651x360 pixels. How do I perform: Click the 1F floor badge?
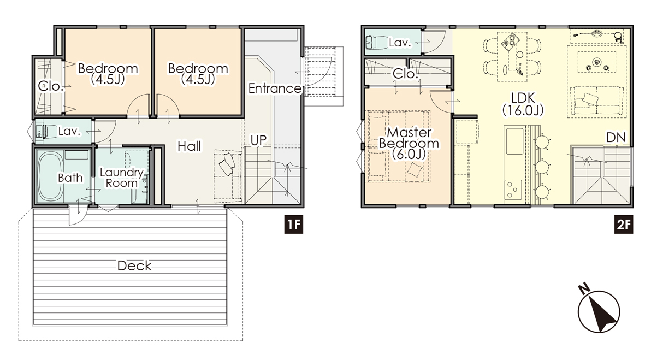pos(293,225)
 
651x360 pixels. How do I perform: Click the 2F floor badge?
pos(624,225)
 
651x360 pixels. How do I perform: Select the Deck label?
pos(134,265)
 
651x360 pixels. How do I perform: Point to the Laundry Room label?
pos(122,178)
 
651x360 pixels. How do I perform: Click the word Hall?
pos(190,146)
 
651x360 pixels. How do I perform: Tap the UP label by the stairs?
pos(258,140)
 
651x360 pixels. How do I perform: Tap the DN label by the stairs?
pos(616,138)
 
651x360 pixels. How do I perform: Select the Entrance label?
pos(275,88)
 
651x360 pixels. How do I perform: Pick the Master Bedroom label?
pos(409,143)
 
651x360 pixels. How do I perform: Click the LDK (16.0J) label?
pos(523,104)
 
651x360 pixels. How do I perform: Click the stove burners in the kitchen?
pos(513,190)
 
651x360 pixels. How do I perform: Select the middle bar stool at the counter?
pos(542,167)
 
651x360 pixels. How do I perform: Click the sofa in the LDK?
pos(596,101)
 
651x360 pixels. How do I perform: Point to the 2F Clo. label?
pos(405,74)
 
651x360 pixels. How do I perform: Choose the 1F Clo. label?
pos(51,86)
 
